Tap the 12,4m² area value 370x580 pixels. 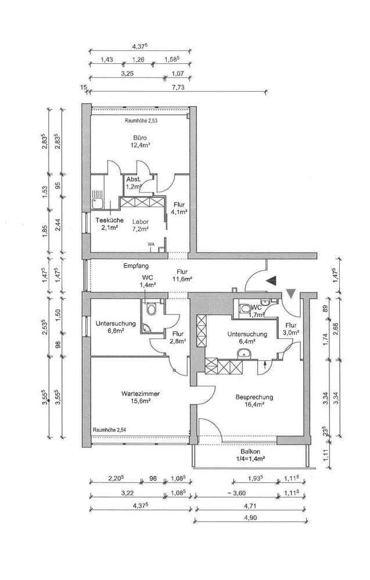click(x=140, y=146)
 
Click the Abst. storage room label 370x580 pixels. click(x=134, y=179)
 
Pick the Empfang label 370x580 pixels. click(x=132, y=266)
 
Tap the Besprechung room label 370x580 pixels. click(x=254, y=397)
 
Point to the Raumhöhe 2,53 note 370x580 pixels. click(x=141, y=121)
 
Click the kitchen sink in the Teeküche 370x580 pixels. click(x=97, y=202)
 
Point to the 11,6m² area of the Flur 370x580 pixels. click(x=182, y=279)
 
